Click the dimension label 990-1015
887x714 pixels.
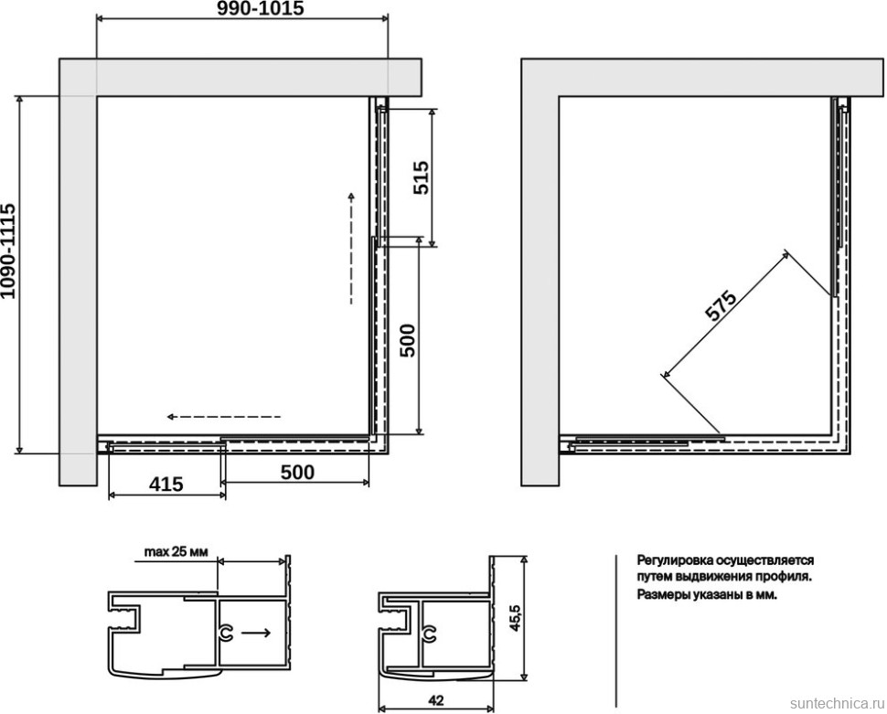[262, 8]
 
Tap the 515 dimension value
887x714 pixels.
[421, 177]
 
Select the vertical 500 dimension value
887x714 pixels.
[407, 340]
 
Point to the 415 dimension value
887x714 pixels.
[166, 485]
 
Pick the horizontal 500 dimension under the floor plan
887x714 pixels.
[297, 473]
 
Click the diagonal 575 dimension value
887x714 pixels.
[721, 306]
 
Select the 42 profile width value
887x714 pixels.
[435, 700]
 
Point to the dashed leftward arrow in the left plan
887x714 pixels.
[223, 417]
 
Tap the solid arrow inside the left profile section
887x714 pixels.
[255, 633]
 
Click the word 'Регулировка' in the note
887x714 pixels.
[676, 560]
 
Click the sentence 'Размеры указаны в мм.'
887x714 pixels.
[707, 595]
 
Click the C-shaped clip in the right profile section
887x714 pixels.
[429, 634]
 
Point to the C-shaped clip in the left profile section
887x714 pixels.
[226, 634]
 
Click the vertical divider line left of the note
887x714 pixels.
[616, 631]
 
